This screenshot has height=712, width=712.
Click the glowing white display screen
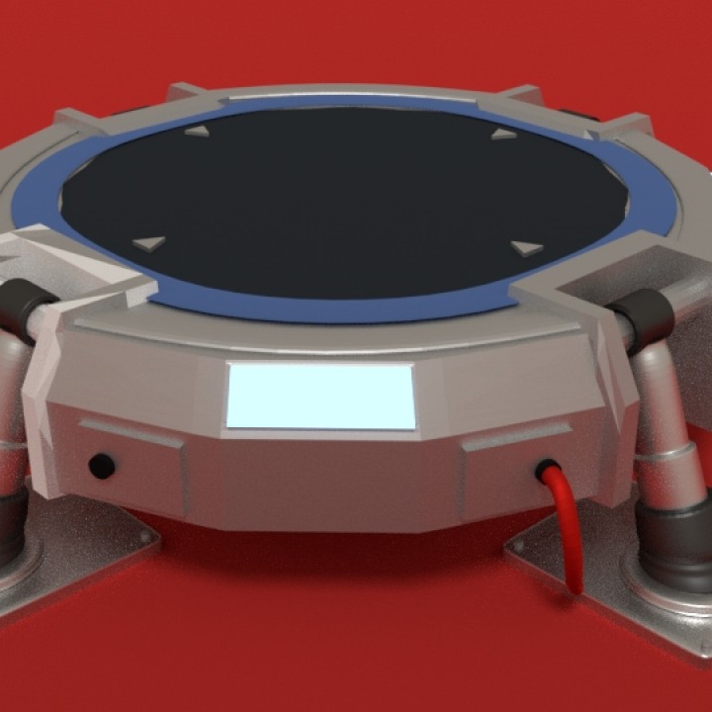click(x=320, y=396)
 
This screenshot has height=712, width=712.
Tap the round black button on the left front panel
click(x=101, y=466)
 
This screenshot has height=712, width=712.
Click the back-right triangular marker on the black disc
click(x=504, y=133)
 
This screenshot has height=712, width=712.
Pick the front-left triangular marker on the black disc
click(x=148, y=242)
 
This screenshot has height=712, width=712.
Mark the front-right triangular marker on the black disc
click(x=527, y=248)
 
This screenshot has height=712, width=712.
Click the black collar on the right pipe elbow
click(x=644, y=314)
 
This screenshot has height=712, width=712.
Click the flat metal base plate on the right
click(x=593, y=574)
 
